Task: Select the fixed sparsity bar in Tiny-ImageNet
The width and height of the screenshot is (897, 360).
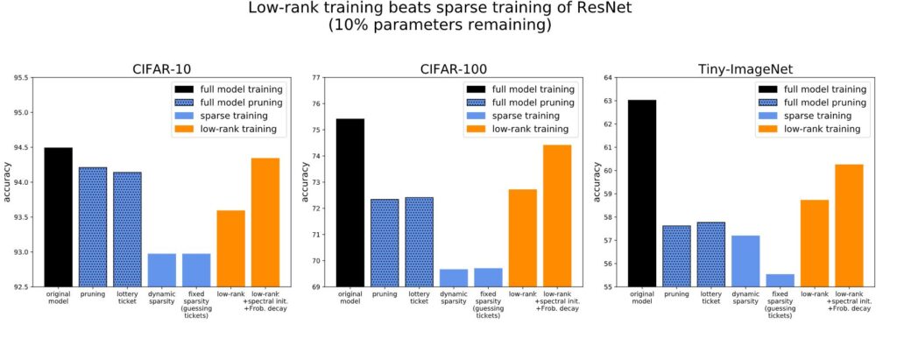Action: click(x=780, y=280)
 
